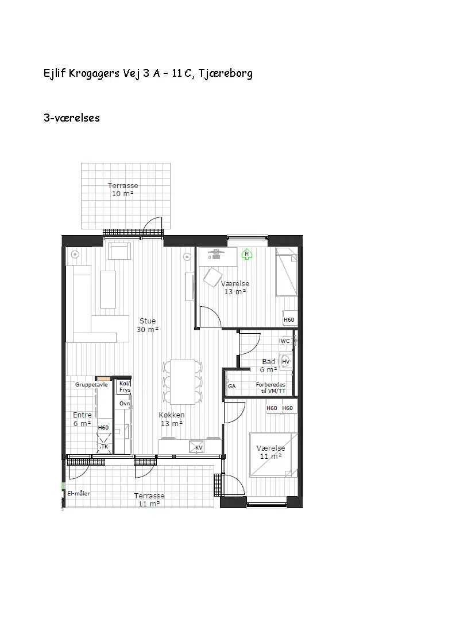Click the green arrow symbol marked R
[247, 254]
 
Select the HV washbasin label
[286, 361]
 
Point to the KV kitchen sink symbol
[196, 447]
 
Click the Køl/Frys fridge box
[125, 387]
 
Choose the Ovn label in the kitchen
[125, 403]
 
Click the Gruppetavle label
[91, 385]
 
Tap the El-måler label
[79, 493]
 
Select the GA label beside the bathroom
[232, 386]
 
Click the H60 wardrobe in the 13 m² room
[289, 319]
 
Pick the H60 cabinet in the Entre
[103, 428]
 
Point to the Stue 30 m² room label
[148, 325]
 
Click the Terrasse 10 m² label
[123, 189]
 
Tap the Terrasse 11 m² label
[149, 500]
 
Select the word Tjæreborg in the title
[225, 73]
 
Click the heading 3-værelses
[72, 118]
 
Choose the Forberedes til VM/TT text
[270, 388]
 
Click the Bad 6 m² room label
[269, 365]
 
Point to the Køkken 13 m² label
[172, 419]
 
